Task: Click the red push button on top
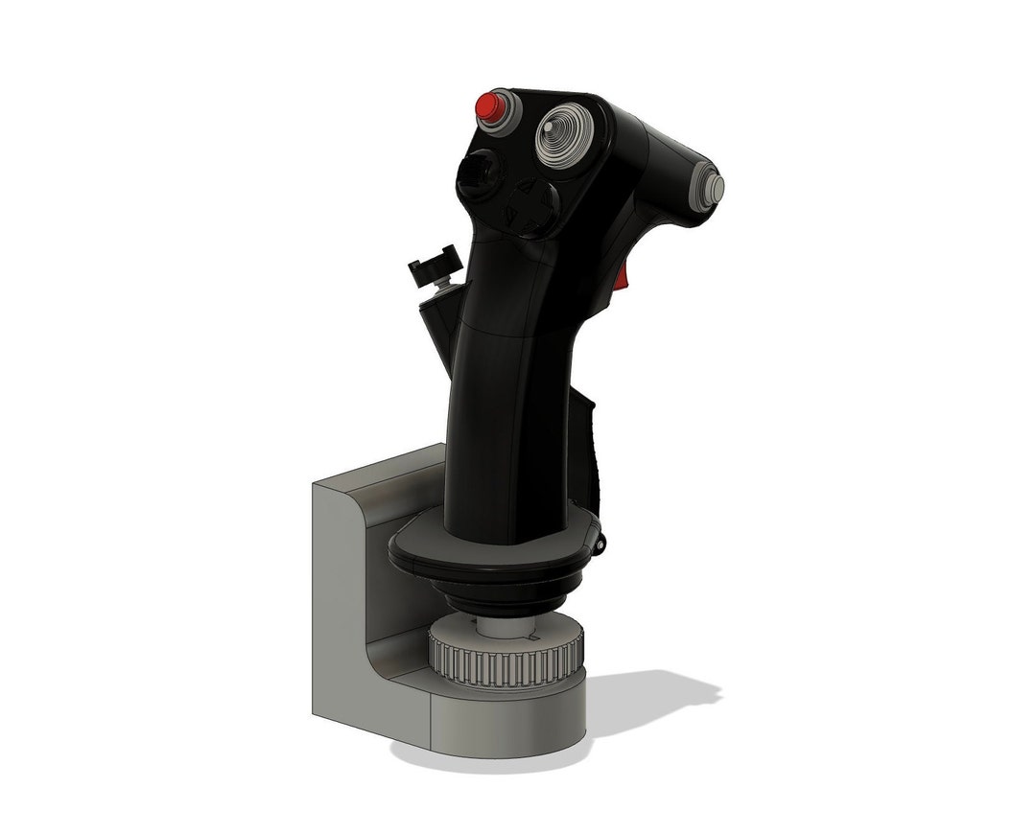pos(494,103)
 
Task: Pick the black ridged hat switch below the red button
pos(478,176)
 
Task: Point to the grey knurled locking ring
pos(504,660)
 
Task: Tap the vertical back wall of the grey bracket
pos(336,594)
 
